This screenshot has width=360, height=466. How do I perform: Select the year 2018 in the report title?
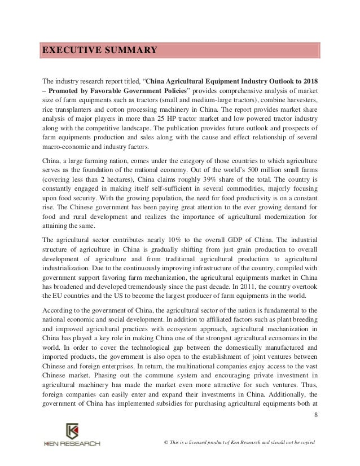click(x=308, y=79)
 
